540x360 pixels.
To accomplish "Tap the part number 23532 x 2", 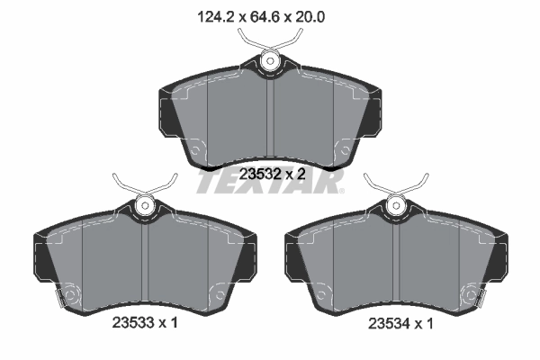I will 269,175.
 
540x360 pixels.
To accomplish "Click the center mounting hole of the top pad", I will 269,61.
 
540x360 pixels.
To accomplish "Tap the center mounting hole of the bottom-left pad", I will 143,205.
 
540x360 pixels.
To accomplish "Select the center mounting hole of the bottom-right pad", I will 395,205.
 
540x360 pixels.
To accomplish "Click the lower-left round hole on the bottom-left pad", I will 70,292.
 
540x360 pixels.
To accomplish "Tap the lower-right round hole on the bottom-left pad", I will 215,292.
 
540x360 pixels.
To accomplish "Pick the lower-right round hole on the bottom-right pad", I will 468,292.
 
